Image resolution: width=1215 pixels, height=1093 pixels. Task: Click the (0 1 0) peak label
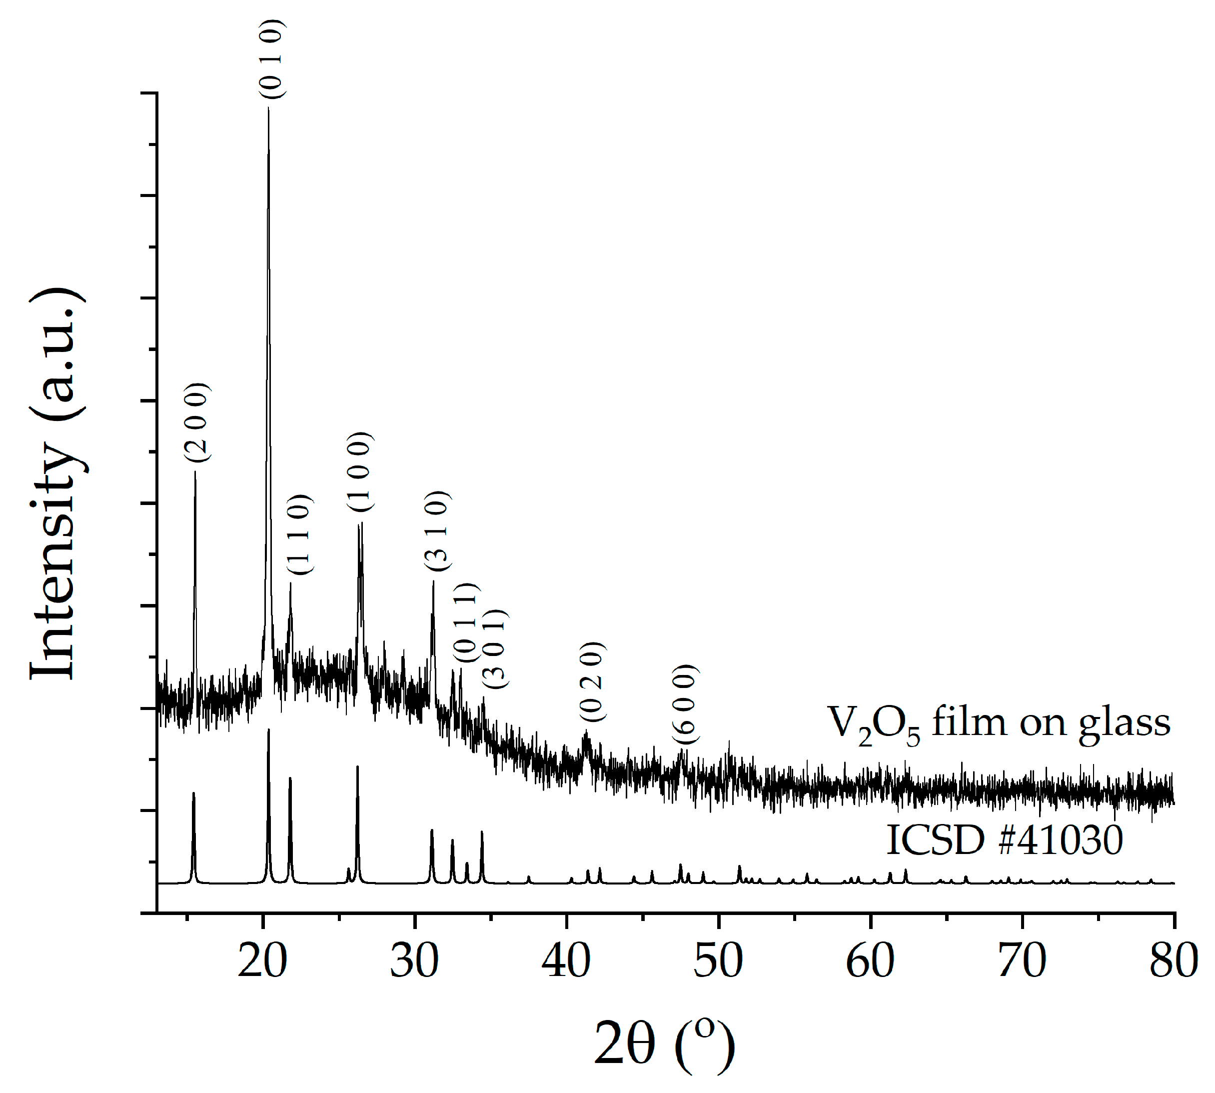click(272, 59)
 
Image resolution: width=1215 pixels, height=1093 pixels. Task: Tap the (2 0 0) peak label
click(197, 422)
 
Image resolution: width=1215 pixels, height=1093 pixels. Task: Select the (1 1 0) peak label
click(299, 534)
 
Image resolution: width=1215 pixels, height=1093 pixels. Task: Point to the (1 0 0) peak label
click(360, 471)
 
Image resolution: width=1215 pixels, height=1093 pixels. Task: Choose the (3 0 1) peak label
click(496, 648)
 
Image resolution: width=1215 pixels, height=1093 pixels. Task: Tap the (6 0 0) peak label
click(685, 704)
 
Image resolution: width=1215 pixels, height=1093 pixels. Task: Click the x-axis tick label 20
click(262, 961)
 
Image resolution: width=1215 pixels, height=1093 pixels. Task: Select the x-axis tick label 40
click(566, 961)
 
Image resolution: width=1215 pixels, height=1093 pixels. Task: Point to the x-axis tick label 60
click(870, 961)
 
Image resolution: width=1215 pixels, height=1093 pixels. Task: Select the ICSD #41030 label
click(1004, 839)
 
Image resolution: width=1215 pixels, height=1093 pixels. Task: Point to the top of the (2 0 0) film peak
click(195, 472)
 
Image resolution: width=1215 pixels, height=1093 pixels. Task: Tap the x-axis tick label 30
click(414, 961)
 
